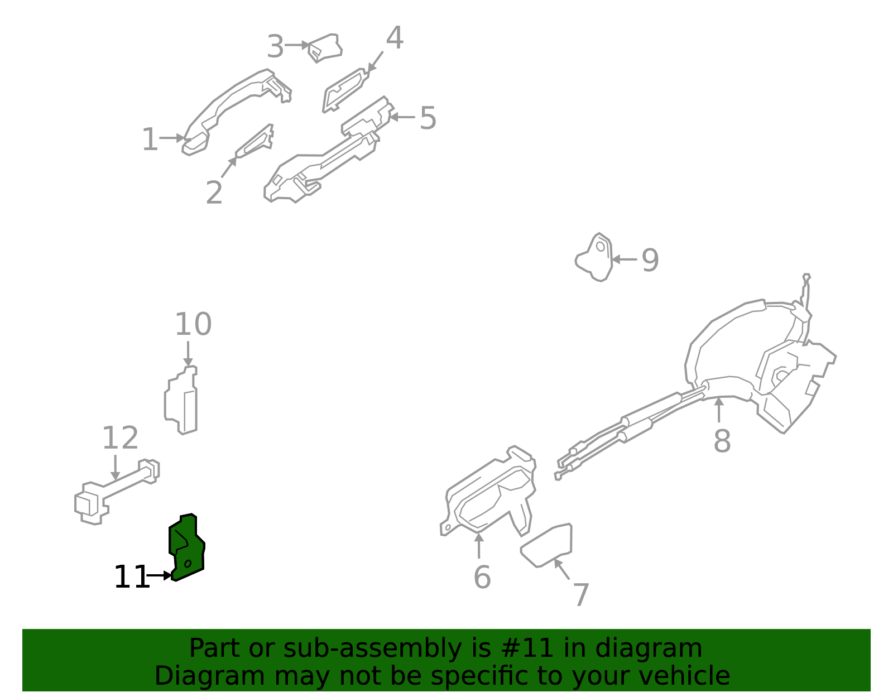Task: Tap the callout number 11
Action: tap(131, 577)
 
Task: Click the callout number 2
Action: tap(214, 193)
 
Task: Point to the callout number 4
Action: tap(395, 38)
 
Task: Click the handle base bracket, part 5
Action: tap(329, 153)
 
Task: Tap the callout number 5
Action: tap(428, 118)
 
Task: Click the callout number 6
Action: tap(482, 577)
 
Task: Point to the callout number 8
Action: tap(722, 441)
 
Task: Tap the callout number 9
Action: tap(650, 260)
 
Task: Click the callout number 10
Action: tap(193, 324)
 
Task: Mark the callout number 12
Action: tap(120, 438)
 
